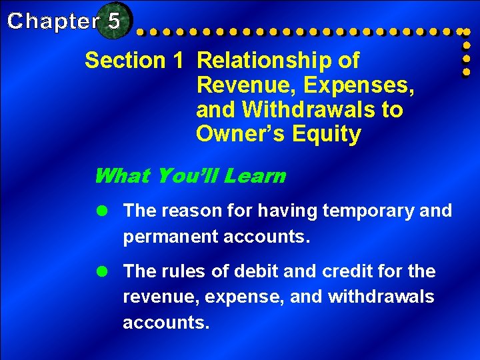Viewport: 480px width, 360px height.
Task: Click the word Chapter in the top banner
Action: tap(53, 21)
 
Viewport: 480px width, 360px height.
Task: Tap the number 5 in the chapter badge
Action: tap(113, 21)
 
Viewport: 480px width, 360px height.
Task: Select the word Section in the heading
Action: tap(125, 61)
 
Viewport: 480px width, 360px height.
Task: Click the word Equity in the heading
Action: tap(329, 134)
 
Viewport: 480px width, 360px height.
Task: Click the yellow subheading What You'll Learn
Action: tap(189, 176)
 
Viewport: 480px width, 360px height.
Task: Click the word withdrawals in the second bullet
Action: tap(381, 297)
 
